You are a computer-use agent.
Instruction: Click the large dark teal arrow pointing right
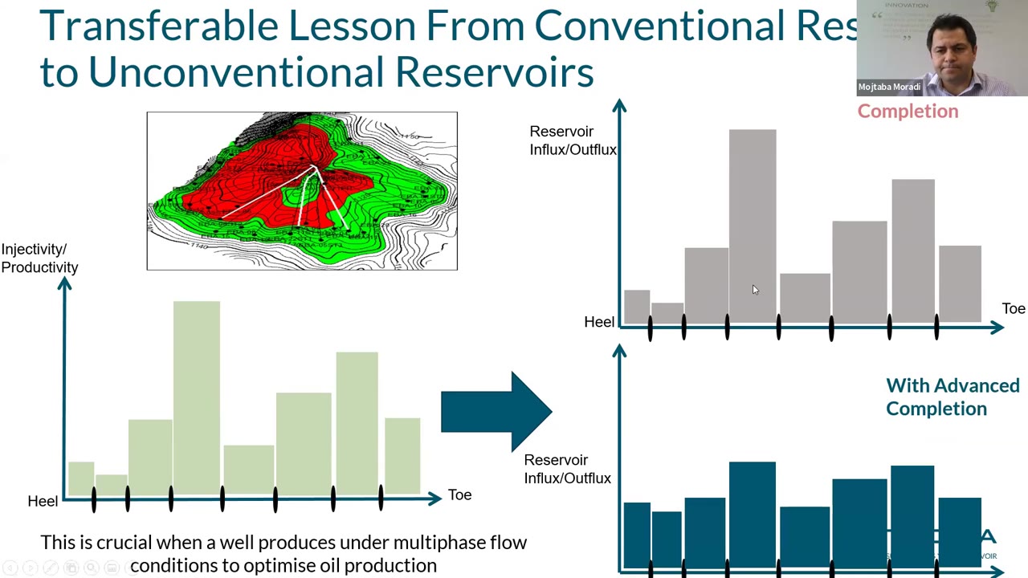[496, 412]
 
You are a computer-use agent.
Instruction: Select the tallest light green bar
[197, 397]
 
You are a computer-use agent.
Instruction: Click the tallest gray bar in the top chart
[753, 225]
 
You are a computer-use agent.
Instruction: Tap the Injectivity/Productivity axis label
[39, 258]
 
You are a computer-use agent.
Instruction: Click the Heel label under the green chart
[43, 501]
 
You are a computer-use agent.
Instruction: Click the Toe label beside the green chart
[459, 495]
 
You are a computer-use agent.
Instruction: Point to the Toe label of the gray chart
[1013, 308]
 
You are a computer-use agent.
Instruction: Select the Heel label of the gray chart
[599, 322]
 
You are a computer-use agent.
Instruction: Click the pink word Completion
[908, 111]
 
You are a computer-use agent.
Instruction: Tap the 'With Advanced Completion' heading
[952, 397]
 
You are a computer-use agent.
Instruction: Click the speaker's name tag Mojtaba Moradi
[889, 87]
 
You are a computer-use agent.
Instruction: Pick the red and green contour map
[302, 191]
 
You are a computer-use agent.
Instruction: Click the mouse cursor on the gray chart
[755, 290]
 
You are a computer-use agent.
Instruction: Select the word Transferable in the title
[158, 26]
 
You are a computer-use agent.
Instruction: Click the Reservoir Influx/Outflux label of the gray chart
[572, 140]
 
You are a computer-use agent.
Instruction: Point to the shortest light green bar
[112, 485]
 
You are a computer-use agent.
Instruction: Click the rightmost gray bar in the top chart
[960, 284]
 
